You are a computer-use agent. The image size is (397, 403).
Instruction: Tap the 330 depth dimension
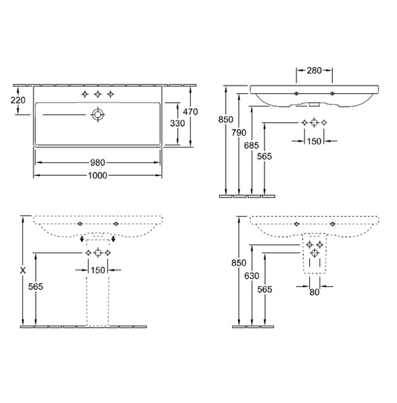(x=177, y=122)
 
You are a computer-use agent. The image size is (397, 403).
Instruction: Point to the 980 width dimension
(x=98, y=162)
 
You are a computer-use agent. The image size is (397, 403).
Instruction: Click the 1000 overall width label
(x=98, y=176)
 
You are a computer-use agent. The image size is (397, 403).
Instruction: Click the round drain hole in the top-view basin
(x=97, y=114)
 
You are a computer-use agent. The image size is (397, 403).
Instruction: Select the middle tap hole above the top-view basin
(x=97, y=95)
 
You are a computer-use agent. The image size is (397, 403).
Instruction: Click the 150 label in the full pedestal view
(x=97, y=270)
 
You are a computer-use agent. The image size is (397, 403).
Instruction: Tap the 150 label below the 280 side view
(x=314, y=142)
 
